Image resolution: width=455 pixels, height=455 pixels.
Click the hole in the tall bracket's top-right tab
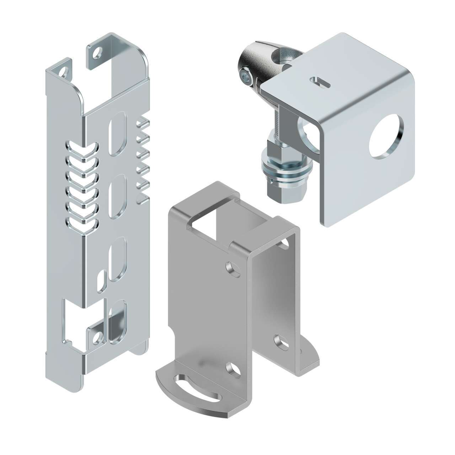[96, 53]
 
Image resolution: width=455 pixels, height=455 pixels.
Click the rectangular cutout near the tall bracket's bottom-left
[73, 322]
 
